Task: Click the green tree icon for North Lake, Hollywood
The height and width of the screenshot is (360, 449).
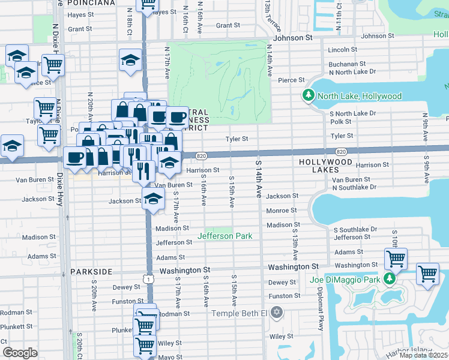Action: coord(309,95)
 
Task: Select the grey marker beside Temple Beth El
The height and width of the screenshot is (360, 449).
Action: coord(277,312)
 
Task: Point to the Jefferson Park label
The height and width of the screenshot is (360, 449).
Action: coord(229,236)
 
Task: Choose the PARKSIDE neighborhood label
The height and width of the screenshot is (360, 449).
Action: coord(91,272)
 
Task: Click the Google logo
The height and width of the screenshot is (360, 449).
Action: coord(20,353)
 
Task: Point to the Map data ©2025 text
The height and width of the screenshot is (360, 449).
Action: coord(424,355)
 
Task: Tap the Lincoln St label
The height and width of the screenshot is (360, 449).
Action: coord(343,50)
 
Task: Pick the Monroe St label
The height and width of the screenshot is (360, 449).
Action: coord(282,211)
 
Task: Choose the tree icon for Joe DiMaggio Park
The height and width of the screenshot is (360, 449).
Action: coord(390,278)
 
